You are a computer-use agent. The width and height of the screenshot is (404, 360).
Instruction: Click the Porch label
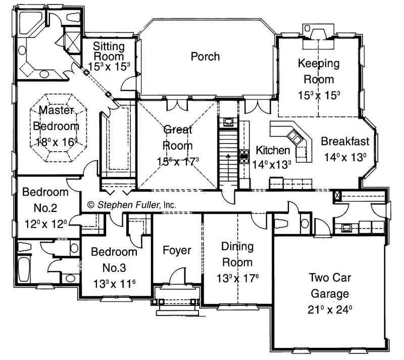click(205, 57)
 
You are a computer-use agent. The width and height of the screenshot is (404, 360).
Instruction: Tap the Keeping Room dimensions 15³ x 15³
click(319, 95)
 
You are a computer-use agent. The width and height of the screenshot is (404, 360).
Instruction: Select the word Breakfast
click(345, 141)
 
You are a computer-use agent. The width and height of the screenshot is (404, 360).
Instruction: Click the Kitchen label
click(273, 150)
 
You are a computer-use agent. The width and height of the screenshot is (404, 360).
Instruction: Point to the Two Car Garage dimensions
click(330, 309)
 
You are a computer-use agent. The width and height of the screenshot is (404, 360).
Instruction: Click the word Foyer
click(177, 250)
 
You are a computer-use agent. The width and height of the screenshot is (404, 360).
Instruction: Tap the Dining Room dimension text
click(237, 279)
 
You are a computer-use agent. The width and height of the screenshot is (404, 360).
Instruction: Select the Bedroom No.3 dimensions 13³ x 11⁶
click(114, 284)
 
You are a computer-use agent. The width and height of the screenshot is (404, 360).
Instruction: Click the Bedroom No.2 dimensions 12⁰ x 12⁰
click(45, 224)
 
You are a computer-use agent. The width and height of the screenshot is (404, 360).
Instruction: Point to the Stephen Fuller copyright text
click(132, 205)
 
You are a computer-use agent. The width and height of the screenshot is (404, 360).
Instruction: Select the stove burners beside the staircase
click(244, 157)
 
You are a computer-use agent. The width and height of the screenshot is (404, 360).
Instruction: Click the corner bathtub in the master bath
click(29, 23)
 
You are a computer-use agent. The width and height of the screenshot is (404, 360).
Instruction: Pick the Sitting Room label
click(109, 51)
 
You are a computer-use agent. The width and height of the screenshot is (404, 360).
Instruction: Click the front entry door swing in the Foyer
click(177, 276)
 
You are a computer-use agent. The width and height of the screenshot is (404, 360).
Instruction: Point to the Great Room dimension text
click(178, 162)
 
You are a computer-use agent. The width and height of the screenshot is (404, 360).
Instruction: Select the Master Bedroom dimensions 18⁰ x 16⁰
click(56, 142)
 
